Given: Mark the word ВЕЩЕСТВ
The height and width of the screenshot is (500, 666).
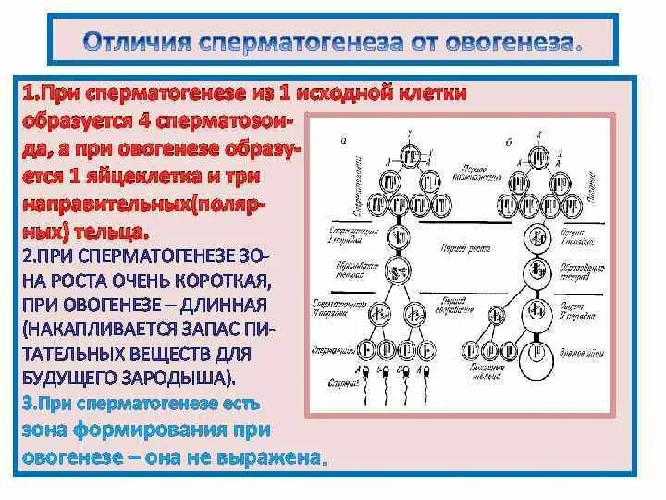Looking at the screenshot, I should pyautogui.click(x=168, y=354).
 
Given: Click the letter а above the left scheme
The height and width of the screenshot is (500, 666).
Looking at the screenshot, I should pyautogui.click(x=344, y=140).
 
